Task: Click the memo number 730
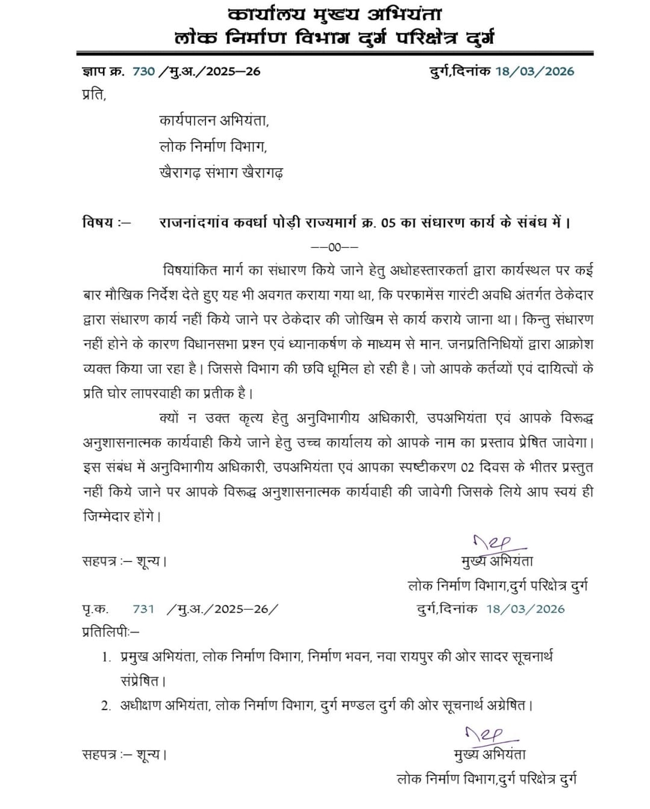143,71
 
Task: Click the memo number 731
143,609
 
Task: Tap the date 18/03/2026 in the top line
535,71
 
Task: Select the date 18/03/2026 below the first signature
525,609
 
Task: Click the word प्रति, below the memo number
94,95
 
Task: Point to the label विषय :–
106,222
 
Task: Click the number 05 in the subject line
389,223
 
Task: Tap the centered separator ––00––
334,247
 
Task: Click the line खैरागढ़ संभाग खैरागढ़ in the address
221,173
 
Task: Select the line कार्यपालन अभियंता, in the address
214,120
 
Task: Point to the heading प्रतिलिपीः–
110,632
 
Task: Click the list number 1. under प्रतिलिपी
107,657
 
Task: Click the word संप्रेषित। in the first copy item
143,681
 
